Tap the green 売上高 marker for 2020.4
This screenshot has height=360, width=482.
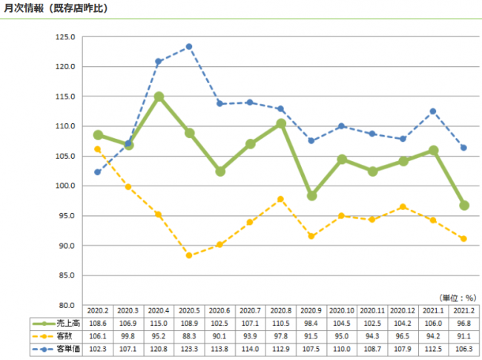click(159, 96)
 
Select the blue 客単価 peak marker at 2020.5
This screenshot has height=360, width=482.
click(189, 47)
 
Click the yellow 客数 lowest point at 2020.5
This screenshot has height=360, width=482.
click(189, 255)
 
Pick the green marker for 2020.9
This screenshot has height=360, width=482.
click(311, 195)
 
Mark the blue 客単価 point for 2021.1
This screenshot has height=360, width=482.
click(433, 111)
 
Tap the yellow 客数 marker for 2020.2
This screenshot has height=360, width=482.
click(97, 149)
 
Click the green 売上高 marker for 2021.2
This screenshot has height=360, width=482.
click(463, 205)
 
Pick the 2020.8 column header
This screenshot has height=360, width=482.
click(281, 311)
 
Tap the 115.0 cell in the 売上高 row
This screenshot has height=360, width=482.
click(159, 324)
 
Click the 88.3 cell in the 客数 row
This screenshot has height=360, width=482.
click(189, 336)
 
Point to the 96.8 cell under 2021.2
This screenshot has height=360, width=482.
click(463, 324)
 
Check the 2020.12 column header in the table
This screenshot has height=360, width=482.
click(403, 311)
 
